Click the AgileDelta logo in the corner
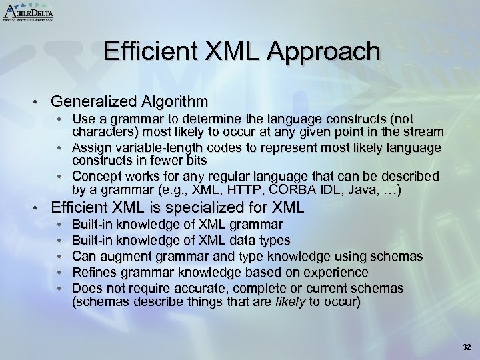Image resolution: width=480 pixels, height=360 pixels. click(28, 12)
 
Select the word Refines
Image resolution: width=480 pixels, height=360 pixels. click(95, 273)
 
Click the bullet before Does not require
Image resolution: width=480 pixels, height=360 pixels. click(61, 289)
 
